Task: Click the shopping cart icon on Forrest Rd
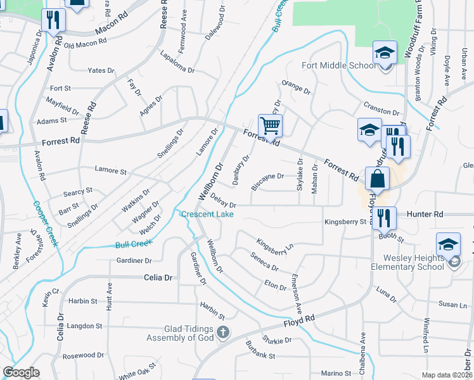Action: [x=271, y=125]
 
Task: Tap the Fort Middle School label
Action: [x=339, y=65]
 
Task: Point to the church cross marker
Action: [x=222, y=331]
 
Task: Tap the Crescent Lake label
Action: [x=207, y=214]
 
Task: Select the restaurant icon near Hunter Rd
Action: [x=384, y=218]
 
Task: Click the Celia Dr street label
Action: [x=158, y=277]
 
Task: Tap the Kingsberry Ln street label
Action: [x=276, y=247]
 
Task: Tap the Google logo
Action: [x=22, y=372]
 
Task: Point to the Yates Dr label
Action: [x=101, y=70]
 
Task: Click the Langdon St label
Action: [x=85, y=326]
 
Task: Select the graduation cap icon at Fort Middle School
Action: [x=384, y=54]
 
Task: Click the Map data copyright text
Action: [x=446, y=375]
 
